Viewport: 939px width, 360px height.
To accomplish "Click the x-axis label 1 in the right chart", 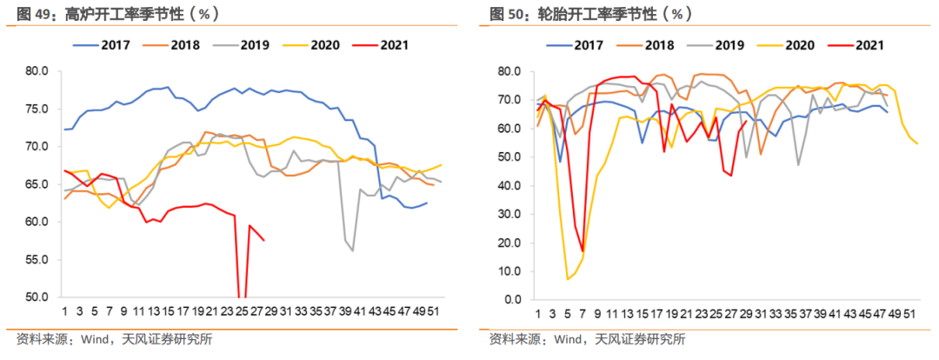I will tap(538, 314).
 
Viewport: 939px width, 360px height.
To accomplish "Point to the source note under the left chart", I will tap(113, 339).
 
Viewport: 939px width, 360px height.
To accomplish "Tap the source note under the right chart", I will tap(587, 339).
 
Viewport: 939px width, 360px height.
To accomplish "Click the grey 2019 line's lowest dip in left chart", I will tap(353, 250).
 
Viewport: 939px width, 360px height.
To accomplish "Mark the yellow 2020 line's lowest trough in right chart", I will tap(568, 279).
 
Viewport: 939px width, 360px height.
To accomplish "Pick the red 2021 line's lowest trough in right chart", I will tap(583, 251).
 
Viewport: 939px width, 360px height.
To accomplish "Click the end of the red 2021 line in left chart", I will tap(264, 240).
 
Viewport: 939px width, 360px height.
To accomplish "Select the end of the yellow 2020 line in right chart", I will tap(917, 144).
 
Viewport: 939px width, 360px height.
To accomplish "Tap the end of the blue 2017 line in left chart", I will tap(427, 203).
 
